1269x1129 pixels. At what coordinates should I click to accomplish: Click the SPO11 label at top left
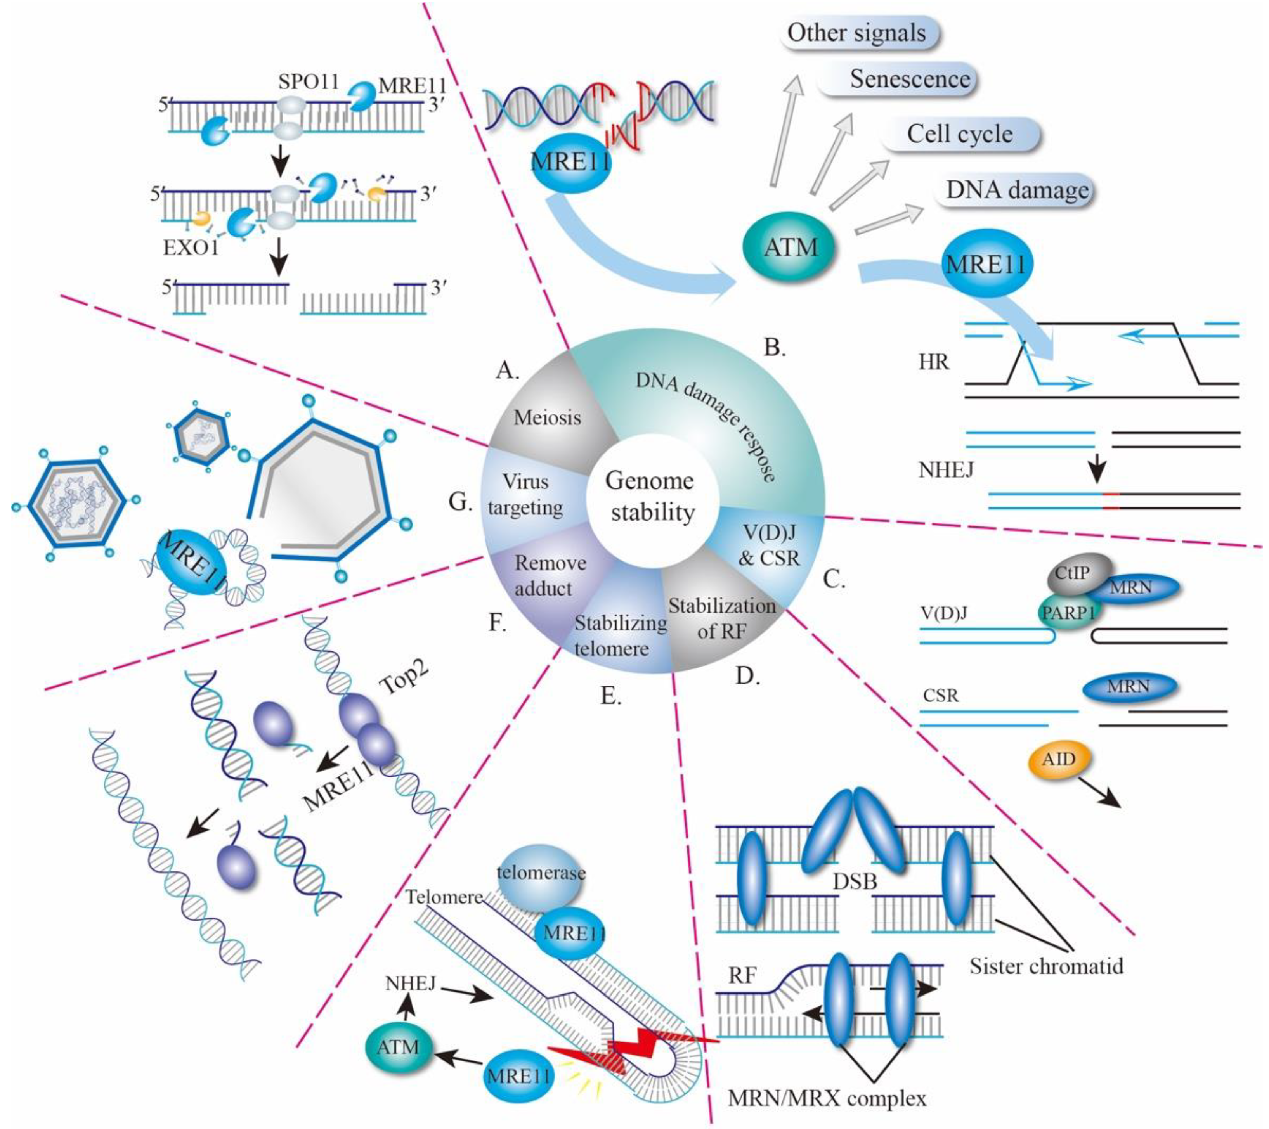click(308, 82)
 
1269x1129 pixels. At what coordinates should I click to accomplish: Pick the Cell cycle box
click(959, 134)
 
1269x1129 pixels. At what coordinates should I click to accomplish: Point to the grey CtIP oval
click(1072, 573)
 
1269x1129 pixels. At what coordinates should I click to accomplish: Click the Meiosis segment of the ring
click(547, 417)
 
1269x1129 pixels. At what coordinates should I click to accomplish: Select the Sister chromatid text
click(1046, 966)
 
